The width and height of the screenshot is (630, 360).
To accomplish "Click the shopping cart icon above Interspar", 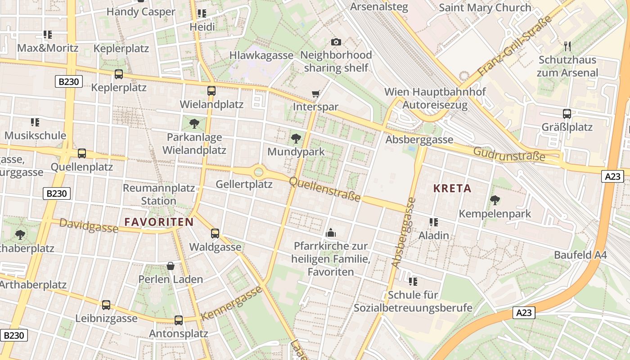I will point(315,94).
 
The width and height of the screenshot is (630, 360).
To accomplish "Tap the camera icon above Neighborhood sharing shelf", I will point(336,42).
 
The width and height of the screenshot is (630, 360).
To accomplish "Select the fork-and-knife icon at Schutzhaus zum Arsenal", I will point(567,46).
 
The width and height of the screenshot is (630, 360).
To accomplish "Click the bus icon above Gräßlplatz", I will point(567,114).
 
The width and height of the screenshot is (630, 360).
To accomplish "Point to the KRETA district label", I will point(452,189).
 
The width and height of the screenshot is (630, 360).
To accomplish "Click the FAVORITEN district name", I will point(159,222).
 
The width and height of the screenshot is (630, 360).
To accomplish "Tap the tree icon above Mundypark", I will point(296,138).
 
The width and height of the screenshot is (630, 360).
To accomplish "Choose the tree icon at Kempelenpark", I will point(495,200).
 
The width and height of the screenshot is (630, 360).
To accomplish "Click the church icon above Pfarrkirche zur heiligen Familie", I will point(331,233).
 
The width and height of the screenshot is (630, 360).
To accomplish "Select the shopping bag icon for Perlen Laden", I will point(171,266).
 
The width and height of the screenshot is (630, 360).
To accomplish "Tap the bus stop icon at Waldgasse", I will point(215,233).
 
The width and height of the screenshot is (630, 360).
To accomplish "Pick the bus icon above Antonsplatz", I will point(179,320).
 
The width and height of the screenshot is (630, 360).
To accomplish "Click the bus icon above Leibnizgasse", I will point(106,305).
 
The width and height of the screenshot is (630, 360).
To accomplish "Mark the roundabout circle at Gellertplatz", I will point(258,171).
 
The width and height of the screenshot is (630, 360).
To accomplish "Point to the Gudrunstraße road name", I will point(509,154).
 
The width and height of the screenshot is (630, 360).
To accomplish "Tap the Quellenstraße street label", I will point(324,189).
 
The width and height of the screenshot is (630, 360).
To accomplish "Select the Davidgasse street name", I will point(89,226).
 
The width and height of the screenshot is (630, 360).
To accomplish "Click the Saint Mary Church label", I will point(485,8).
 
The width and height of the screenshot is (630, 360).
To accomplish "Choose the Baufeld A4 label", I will point(580,255).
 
